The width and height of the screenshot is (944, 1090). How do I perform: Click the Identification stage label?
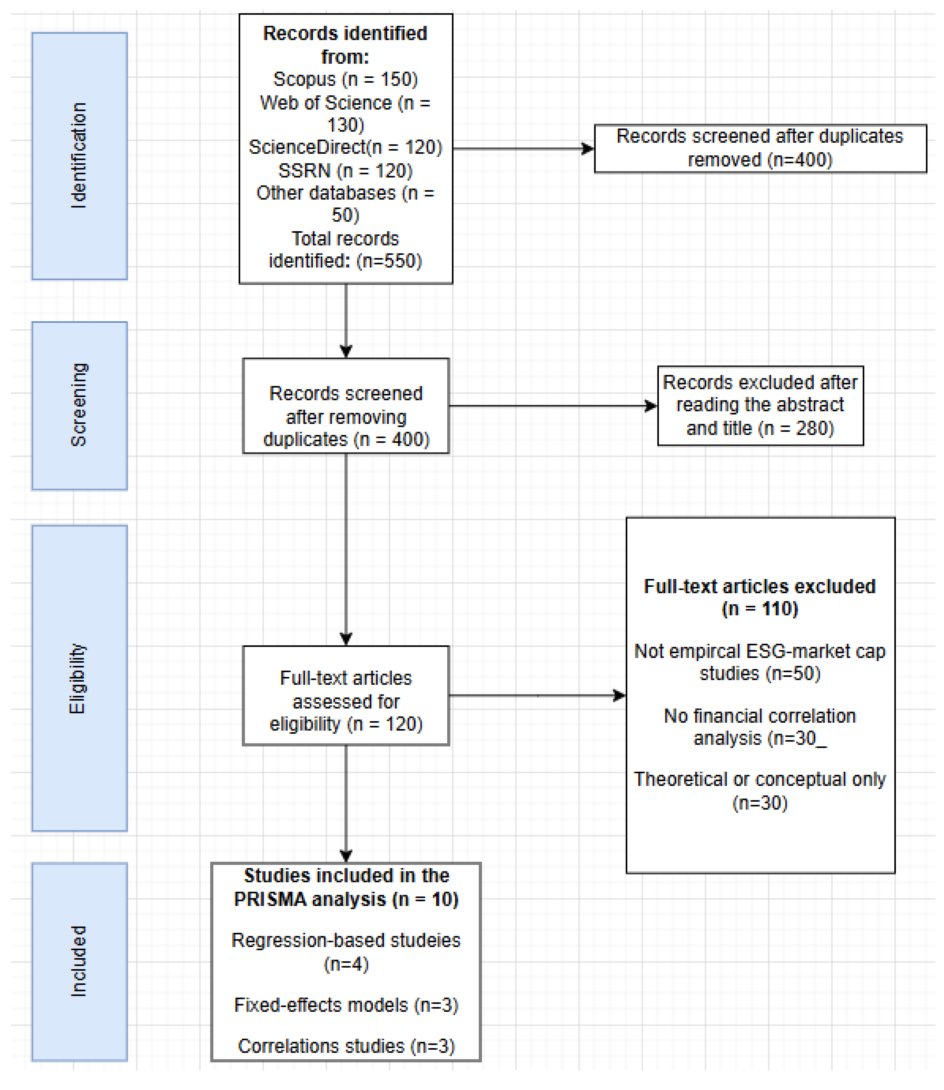point(79,156)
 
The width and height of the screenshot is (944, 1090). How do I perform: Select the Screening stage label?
point(79,405)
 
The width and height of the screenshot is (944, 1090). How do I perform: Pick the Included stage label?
point(79,961)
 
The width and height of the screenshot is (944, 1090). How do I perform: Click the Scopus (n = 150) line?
point(346,79)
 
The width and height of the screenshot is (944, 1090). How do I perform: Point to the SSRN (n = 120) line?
point(346,171)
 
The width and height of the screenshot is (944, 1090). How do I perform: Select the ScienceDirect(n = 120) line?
point(346,147)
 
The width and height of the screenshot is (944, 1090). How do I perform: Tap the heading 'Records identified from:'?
point(346,45)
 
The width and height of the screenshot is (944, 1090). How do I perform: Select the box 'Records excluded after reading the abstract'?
point(760,405)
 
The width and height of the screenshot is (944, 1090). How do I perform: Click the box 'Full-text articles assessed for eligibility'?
point(346,701)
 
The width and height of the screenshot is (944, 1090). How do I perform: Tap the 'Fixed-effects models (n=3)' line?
point(346,1005)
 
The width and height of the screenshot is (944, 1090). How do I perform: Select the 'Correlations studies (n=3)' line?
point(346,1046)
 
